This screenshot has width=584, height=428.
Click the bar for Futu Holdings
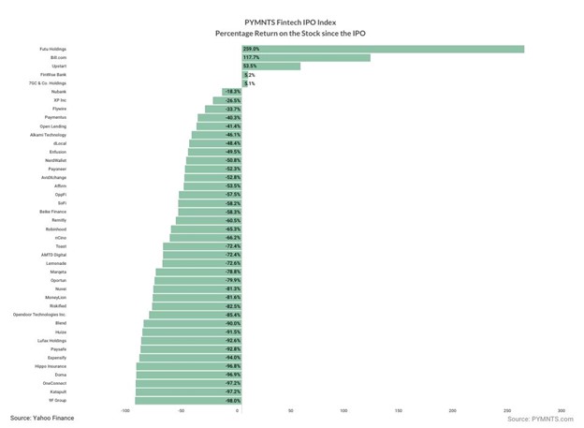(x=383, y=49)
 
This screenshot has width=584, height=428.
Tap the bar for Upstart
(x=271, y=66)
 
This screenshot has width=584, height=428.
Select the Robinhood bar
(x=206, y=229)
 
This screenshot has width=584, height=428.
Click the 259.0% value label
(x=251, y=49)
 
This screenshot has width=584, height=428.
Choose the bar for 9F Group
(x=188, y=400)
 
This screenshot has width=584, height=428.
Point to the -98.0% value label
(x=232, y=400)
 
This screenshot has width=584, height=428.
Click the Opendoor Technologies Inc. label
(x=40, y=314)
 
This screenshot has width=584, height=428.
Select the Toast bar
(x=202, y=245)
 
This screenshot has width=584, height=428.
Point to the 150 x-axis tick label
(x=399, y=410)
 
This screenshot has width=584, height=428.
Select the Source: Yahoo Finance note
(x=42, y=418)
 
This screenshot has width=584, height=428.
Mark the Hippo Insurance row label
(x=48, y=365)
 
